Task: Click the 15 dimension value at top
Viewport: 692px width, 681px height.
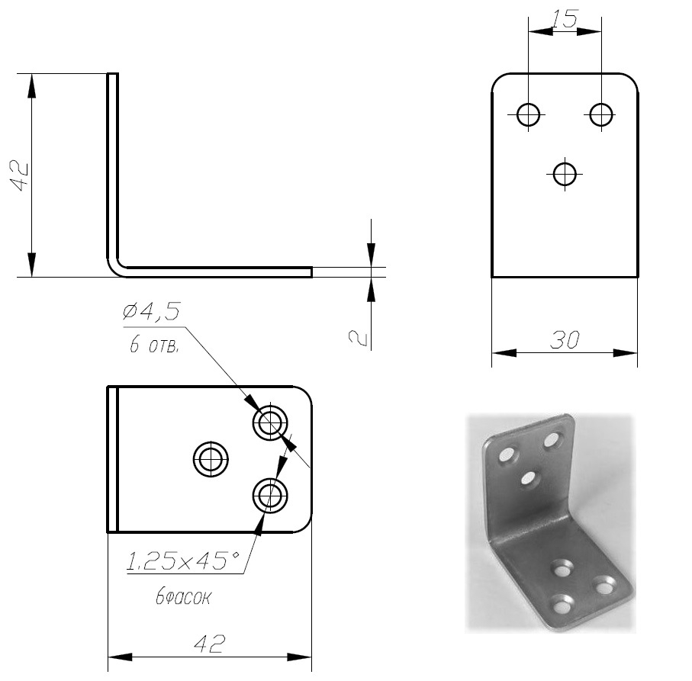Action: click(565, 19)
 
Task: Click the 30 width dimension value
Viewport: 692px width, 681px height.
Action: click(565, 340)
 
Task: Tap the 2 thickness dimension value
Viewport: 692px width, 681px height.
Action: click(358, 337)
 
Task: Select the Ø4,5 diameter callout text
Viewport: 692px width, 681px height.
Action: click(153, 311)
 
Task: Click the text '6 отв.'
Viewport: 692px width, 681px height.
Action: click(154, 345)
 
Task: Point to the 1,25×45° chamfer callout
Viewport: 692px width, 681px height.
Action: click(183, 561)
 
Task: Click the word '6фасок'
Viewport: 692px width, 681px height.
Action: click(183, 597)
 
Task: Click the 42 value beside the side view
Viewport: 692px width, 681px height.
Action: click(21, 176)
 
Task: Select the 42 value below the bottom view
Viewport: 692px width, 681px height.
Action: click(210, 644)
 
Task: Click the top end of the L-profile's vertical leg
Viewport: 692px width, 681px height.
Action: click(113, 74)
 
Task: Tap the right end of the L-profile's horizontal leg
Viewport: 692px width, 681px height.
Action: click(311, 272)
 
